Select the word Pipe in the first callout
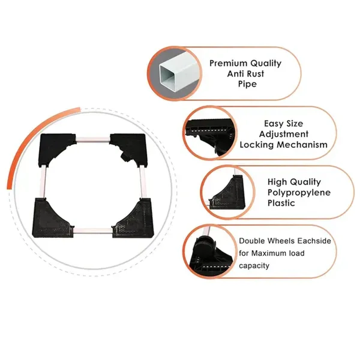[x=247, y=84]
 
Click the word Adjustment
[x=283, y=134]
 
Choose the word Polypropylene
[x=299, y=192]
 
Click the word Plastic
[x=281, y=203]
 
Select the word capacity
[x=254, y=265]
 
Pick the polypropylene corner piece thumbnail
[x=227, y=192]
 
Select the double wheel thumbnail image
[x=209, y=251]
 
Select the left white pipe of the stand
[x=43, y=182]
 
